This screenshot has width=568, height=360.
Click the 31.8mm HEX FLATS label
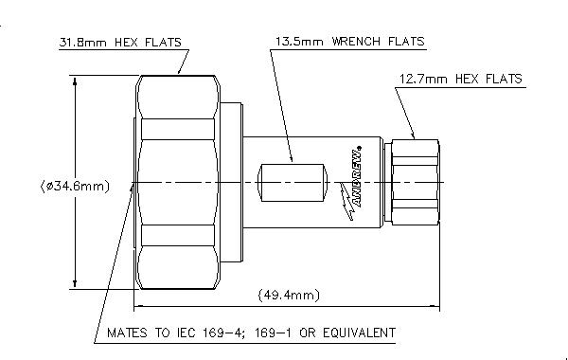tap(120, 43)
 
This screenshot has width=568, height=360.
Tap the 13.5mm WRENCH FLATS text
tap(349, 42)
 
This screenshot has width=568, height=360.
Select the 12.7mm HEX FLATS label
tap(460, 79)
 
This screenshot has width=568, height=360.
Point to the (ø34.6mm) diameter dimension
tap(75, 187)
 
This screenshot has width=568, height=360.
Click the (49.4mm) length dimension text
tap(289, 296)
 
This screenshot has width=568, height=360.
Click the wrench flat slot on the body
tap(293, 183)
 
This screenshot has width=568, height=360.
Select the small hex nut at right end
tap(416, 182)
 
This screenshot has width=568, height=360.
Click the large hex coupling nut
tap(178, 182)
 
